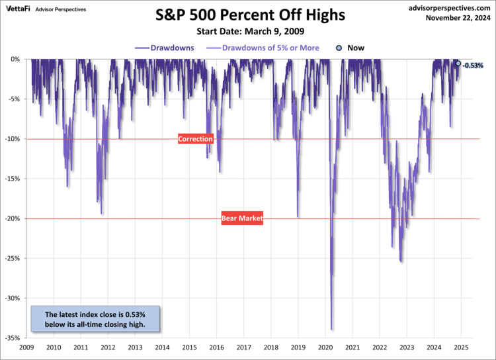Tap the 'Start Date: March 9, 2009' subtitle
(x=248, y=31)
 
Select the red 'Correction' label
(x=196, y=139)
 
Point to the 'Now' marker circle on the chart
(x=458, y=64)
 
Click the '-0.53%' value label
(x=474, y=66)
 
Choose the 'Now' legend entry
(x=350, y=48)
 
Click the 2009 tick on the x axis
(x=26, y=347)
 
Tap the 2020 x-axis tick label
(x=325, y=347)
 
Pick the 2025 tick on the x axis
(x=461, y=347)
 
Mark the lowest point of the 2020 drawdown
(x=331, y=330)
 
